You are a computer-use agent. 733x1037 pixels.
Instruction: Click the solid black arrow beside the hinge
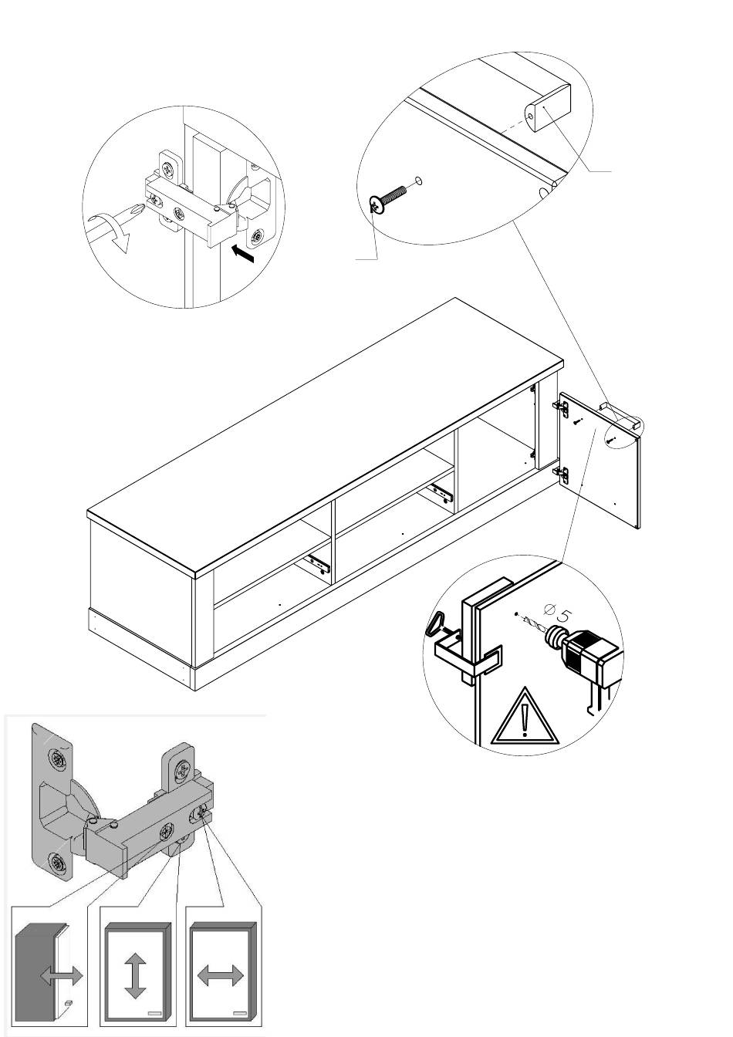(244, 253)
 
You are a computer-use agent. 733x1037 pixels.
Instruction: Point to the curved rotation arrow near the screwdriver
(110, 232)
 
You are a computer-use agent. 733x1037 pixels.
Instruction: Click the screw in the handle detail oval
(388, 198)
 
